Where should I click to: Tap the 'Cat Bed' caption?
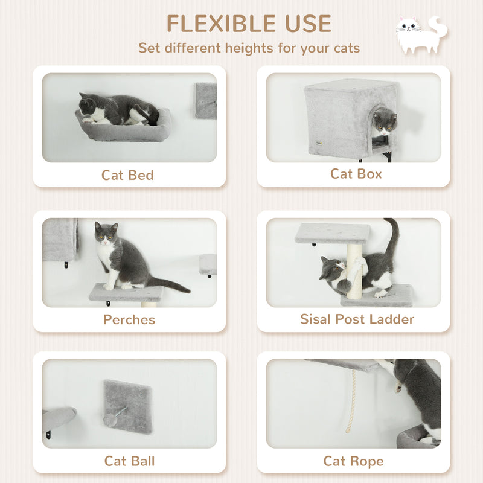point(128,175)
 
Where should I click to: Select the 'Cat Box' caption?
point(356,174)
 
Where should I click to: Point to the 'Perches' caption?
point(129,319)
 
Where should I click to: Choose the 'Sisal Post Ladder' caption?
point(357,319)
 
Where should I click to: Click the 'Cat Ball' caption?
point(129,461)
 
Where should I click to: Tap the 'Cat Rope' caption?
point(353,461)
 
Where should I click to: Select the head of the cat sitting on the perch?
point(106,233)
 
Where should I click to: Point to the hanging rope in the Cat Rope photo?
point(351,401)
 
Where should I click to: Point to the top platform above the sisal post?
point(333,233)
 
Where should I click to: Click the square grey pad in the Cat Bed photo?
point(206,100)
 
